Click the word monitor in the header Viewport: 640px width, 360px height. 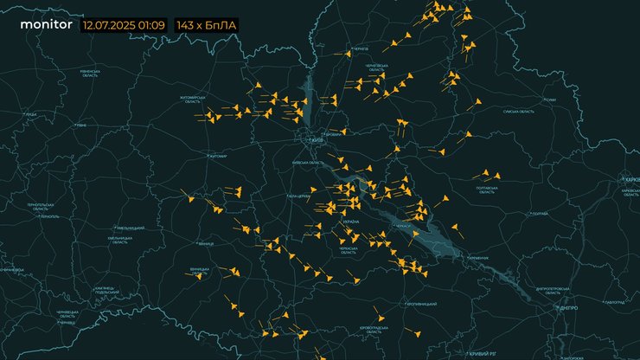pyautogui.click(x=46, y=25)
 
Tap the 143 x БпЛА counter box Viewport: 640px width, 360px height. pyautogui.click(x=206, y=26)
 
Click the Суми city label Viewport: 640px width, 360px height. pyautogui.click(x=550, y=100)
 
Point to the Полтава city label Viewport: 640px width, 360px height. pyautogui.click(x=540, y=213)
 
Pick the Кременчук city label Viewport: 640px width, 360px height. pyautogui.click(x=478, y=258)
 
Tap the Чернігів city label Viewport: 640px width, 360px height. pyautogui.click(x=361, y=49)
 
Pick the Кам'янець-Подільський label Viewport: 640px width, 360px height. pyautogui.click(x=105, y=290)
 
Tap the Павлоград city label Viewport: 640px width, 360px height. pyautogui.click(x=616, y=301)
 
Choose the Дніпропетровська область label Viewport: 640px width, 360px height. pyautogui.click(x=550, y=291)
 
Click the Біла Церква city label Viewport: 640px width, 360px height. pyautogui.click(x=298, y=196)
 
